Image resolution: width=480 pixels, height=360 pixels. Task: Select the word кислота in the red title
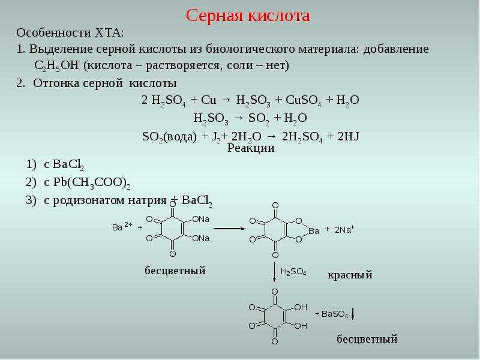click(279, 16)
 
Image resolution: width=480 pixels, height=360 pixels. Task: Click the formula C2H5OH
click(56, 66)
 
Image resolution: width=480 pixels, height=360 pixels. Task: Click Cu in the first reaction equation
click(208, 100)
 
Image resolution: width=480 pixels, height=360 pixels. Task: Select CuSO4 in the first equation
click(304, 100)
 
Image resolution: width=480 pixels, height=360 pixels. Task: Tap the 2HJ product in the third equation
click(348, 136)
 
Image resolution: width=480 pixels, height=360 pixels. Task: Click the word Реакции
click(251, 148)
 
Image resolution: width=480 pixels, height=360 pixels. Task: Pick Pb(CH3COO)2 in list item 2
click(92, 183)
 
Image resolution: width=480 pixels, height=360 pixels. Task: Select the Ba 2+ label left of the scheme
click(122, 227)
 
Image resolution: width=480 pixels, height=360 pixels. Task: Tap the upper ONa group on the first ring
click(201, 219)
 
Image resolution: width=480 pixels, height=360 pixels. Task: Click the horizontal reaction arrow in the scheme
click(230, 229)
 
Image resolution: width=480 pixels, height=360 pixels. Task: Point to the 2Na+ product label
click(344, 229)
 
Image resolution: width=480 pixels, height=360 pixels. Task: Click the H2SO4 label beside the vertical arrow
click(293, 272)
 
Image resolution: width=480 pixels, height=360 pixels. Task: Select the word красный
click(350, 275)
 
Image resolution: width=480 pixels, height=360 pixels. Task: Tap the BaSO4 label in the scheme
click(335, 314)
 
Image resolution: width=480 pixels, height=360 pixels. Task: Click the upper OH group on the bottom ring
click(301, 307)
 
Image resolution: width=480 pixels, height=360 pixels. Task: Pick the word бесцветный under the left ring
click(175, 271)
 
